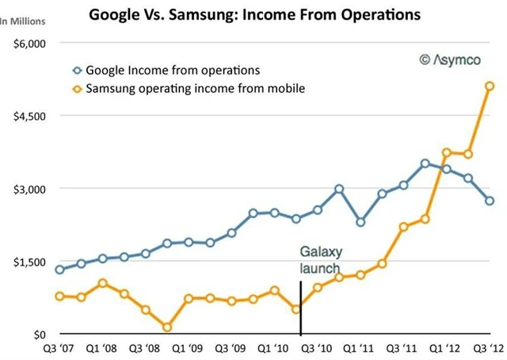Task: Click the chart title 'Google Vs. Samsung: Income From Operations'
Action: (254, 14)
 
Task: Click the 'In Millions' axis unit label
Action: (22, 21)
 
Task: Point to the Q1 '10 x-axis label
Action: (273, 348)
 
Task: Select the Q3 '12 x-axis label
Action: (488, 348)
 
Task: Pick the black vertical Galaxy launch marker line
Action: (300, 309)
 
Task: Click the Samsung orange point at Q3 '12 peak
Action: (490, 86)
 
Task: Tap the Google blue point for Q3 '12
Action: (490, 201)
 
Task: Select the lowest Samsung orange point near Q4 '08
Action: (167, 327)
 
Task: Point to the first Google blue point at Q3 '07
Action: (59, 270)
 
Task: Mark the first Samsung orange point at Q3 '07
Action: (59, 296)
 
